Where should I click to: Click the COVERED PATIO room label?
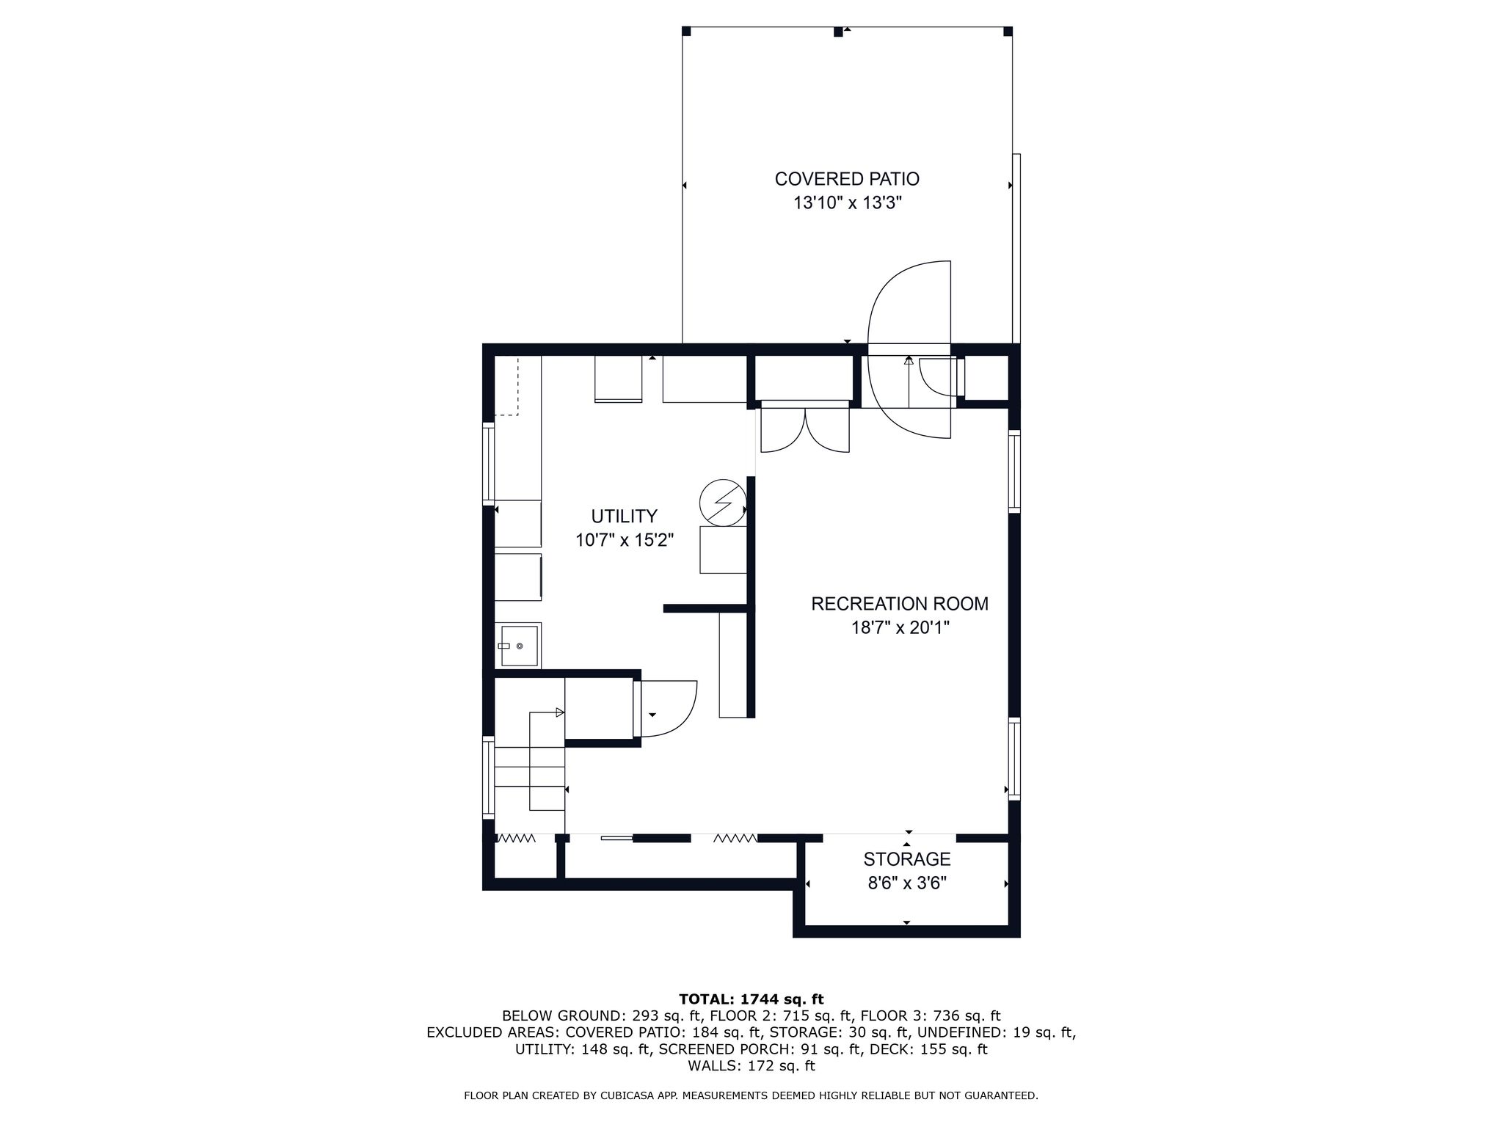coord(847,179)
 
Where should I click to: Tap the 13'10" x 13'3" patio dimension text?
coord(847,203)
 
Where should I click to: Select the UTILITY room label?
coord(625,516)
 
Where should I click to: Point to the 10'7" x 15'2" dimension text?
coord(625,541)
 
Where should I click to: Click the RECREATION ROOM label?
coord(900,604)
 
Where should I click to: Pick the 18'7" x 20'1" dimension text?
coord(900,628)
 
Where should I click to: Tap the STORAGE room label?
coord(907,859)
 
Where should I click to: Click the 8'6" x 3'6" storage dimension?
coord(907,883)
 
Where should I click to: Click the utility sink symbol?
coord(518,646)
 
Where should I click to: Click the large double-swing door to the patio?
coord(909,350)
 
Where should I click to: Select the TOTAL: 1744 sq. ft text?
coord(751,999)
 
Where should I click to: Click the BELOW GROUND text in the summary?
coord(561,1016)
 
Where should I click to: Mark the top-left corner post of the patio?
coord(687,31)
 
